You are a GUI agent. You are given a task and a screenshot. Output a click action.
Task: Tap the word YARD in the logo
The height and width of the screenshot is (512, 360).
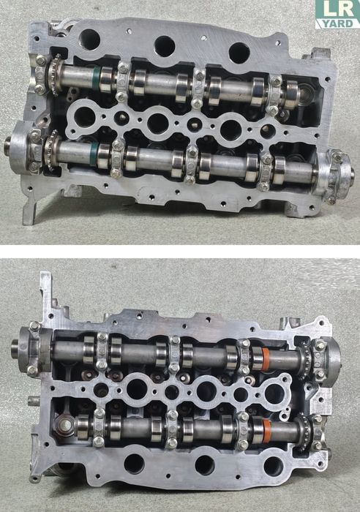coord(337,23)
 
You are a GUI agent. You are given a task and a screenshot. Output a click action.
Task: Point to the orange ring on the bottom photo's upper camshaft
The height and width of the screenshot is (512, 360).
coord(266,358)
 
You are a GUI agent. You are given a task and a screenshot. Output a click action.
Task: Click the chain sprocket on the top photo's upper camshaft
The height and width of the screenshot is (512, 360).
coord(55,74)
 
